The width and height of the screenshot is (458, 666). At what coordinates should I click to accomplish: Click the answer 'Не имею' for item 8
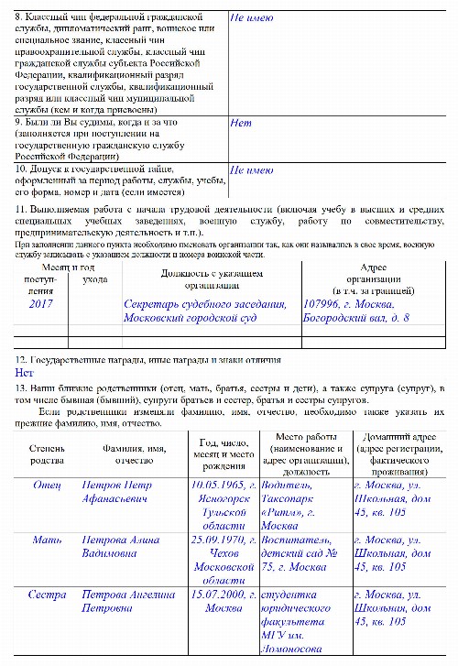click(250, 18)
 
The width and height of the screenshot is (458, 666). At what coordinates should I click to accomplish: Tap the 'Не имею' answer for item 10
click(250, 169)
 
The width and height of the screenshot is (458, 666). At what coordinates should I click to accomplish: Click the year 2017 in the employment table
click(41, 303)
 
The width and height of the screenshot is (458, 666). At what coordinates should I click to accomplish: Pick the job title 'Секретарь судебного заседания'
click(205, 303)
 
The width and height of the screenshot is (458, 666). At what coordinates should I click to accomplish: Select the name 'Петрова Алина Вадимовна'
click(121, 547)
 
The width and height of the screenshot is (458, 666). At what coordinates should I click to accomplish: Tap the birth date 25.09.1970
click(221, 540)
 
